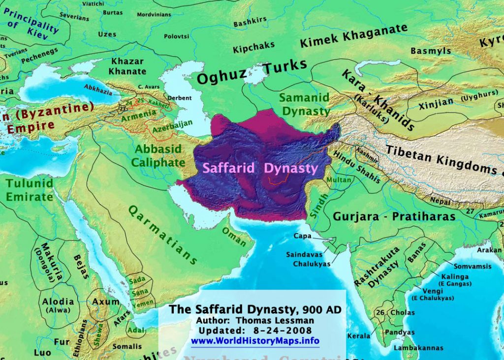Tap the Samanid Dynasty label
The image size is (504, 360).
(x=304, y=104)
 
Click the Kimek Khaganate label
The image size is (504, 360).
(x=353, y=36)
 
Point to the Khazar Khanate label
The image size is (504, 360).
(x=127, y=66)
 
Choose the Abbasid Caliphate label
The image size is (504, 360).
(x=158, y=155)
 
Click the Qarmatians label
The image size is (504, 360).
(x=162, y=234)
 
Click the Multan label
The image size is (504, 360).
(x=338, y=180)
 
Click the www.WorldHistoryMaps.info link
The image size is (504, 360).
(x=255, y=341)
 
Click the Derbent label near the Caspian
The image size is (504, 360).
(x=180, y=98)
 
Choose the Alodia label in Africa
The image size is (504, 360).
(x=58, y=301)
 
